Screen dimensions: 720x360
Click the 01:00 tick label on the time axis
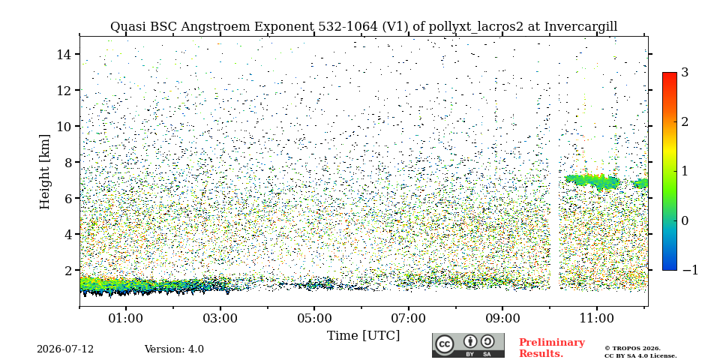[126, 318]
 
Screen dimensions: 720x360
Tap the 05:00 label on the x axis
[314, 318]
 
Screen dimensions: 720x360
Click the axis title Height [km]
[44, 172]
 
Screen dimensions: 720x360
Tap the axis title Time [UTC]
[363, 336]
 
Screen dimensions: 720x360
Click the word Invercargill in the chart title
[580, 27]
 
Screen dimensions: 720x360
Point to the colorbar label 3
[685, 72]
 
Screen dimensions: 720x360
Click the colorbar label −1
[690, 270]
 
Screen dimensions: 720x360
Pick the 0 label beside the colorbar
[685, 220]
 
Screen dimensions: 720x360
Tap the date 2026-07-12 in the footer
[65, 349]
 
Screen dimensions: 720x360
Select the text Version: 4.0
[174, 349]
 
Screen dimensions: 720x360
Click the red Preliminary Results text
[552, 348]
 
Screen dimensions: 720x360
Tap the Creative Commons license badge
[468, 345]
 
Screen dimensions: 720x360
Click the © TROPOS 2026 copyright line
[632, 349]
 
